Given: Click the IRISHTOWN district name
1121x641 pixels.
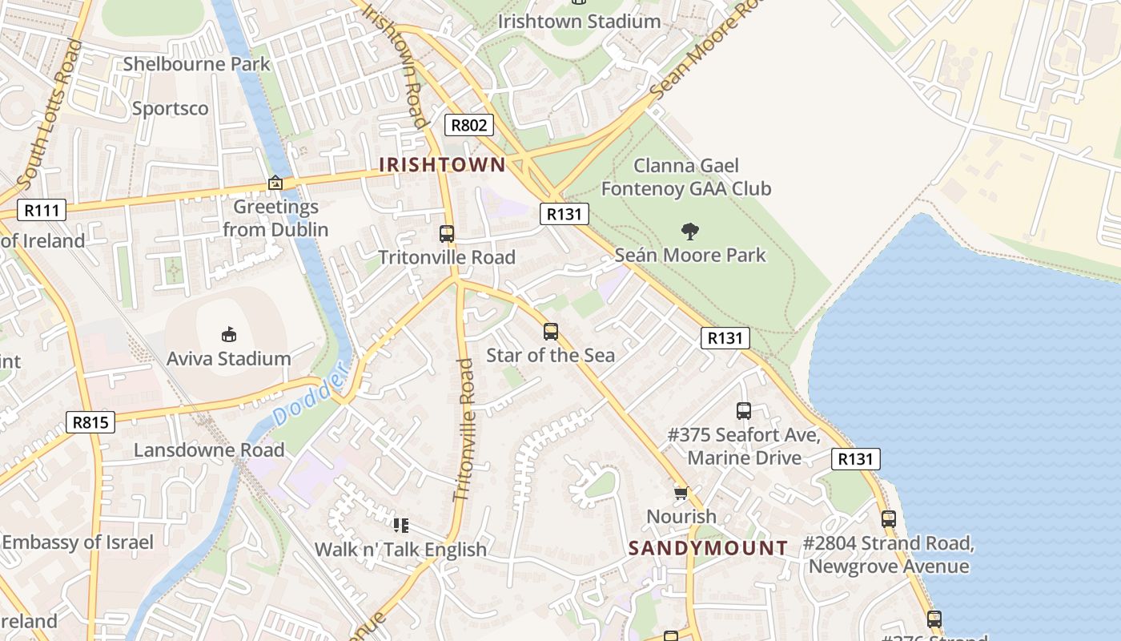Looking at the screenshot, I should click(x=442, y=165).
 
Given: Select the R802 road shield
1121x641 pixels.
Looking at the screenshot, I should click(x=469, y=125).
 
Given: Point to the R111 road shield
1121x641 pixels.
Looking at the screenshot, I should click(x=42, y=211).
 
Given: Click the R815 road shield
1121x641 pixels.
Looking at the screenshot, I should click(x=90, y=422).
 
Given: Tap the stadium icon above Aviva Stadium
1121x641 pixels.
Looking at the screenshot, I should click(x=229, y=334).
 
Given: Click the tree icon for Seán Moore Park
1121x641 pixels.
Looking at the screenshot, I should click(x=689, y=232).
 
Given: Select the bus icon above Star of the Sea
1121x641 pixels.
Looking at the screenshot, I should click(x=550, y=332).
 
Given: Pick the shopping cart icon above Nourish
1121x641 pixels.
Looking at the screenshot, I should click(x=681, y=493).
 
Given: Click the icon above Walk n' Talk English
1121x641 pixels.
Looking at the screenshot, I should click(x=400, y=526).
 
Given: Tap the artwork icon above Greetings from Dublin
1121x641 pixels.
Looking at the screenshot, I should click(x=275, y=183).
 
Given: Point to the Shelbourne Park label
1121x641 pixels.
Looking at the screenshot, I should click(x=196, y=64).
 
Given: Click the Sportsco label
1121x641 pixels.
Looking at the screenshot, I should click(x=170, y=108).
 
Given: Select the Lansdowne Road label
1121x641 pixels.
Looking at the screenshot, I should click(x=209, y=450).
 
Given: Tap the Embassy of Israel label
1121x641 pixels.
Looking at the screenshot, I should click(x=78, y=542).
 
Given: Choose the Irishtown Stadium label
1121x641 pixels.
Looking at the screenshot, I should click(x=579, y=22).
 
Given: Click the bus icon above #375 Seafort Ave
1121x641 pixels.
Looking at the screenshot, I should click(x=744, y=411).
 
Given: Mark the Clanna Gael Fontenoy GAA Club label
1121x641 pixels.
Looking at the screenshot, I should click(x=686, y=177).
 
